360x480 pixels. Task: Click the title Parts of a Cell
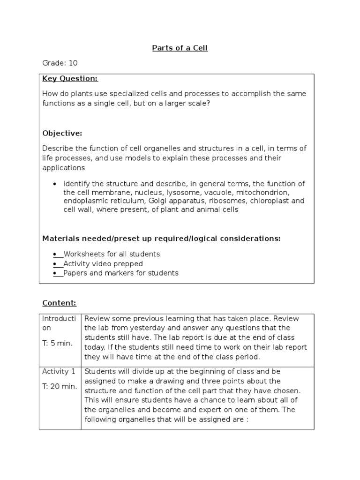click(x=180, y=48)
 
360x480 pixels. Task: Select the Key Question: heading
click(x=70, y=78)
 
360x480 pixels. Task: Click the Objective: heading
click(x=62, y=133)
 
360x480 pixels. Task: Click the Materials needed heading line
click(x=161, y=239)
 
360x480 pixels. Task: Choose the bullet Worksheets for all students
click(x=112, y=254)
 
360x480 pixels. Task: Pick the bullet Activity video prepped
click(x=103, y=263)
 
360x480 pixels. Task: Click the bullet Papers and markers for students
click(x=121, y=273)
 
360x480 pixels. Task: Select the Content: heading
click(x=59, y=303)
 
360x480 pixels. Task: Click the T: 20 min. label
click(x=60, y=386)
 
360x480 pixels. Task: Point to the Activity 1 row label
click(x=59, y=372)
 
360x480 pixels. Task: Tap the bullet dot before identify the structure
click(x=56, y=184)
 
